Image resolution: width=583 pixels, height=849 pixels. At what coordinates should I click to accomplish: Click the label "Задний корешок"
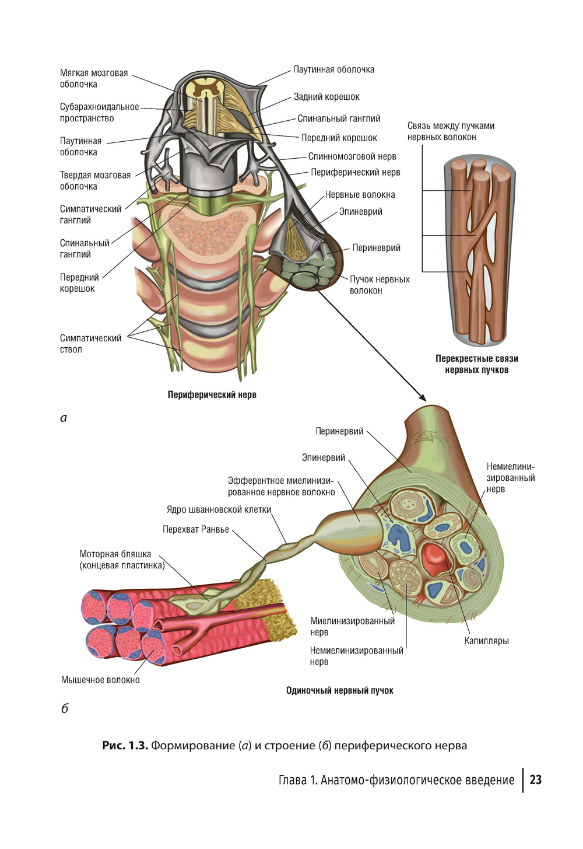click(326, 97)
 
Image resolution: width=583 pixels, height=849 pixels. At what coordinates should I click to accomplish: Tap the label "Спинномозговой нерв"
click(352, 156)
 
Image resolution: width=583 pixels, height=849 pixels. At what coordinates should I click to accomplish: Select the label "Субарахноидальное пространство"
click(99, 113)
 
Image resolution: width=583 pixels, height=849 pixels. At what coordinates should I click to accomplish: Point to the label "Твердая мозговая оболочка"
click(95, 180)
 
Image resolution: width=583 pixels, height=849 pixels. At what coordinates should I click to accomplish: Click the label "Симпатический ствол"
click(90, 344)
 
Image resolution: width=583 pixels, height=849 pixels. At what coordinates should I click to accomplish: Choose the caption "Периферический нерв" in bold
click(212, 395)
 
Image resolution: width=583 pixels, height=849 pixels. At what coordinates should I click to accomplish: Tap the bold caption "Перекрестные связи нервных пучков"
click(476, 364)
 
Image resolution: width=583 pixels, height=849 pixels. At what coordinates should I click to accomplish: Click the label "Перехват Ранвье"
click(195, 530)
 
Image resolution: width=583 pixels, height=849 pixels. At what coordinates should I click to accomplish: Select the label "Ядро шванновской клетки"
click(219, 509)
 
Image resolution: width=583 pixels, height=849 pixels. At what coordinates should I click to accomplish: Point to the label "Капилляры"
click(486, 641)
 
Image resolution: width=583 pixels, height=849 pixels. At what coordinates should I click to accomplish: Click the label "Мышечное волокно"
click(100, 680)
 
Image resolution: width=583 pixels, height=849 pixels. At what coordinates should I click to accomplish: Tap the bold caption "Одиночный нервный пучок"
click(339, 691)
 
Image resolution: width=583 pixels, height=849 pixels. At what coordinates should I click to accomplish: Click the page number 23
click(535, 780)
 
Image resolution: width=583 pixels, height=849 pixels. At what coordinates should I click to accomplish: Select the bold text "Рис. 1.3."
click(125, 746)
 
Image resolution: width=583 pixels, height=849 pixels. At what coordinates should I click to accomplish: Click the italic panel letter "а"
click(64, 418)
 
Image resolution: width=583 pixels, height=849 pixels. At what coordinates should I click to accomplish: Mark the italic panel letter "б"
click(64, 708)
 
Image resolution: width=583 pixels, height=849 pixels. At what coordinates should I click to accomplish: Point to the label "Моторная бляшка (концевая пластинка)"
click(122, 560)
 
